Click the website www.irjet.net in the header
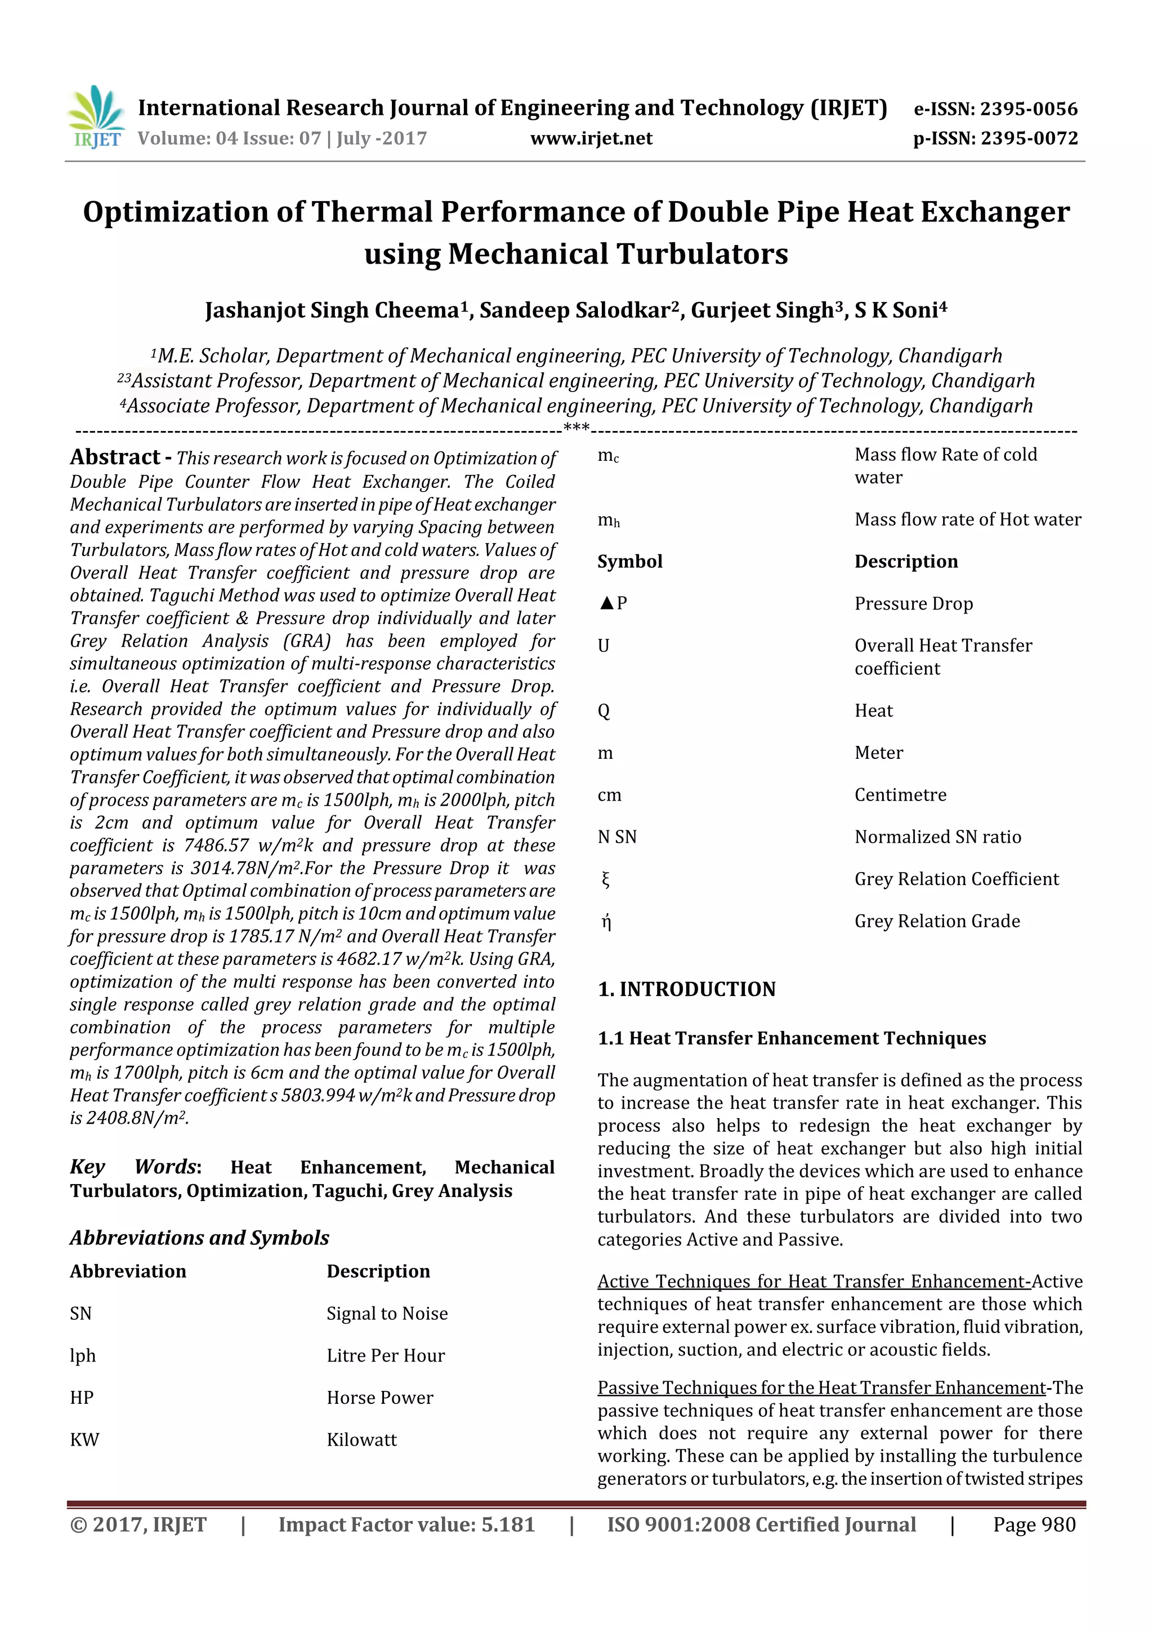point(591,139)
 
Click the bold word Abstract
point(115,457)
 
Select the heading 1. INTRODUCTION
point(686,989)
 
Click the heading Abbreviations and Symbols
point(200,1238)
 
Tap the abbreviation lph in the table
point(82,1355)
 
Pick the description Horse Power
point(379,1398)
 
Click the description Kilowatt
point(361,1439)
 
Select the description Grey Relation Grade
point(936,921)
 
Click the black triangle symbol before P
point(606,603)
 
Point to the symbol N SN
point(616,837)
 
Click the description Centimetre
point(900,795)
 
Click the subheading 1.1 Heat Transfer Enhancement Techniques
point(792,1038)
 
